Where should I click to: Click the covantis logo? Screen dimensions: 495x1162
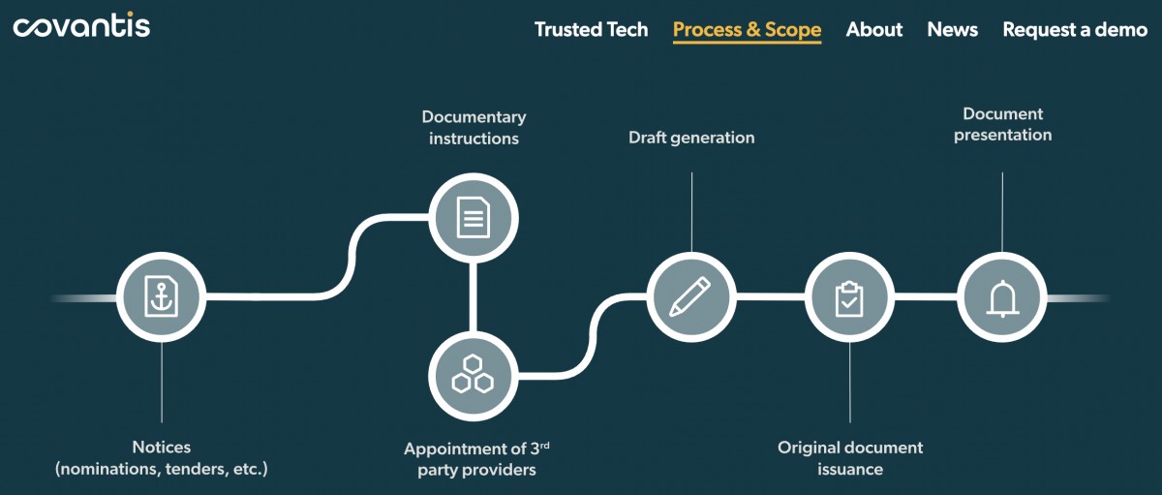point(81,26)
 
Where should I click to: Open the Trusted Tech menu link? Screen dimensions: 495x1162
point(591,29)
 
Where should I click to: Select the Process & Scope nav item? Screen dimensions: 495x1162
point(747,29)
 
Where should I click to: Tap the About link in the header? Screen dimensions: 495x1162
point(873,29)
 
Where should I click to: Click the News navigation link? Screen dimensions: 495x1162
point(952,29)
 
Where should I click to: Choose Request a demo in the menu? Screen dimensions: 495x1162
point(1074,29)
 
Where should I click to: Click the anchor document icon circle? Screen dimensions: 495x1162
point(161,296)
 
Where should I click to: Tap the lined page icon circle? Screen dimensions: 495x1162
point(474,217)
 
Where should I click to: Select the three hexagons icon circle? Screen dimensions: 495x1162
point(474,376)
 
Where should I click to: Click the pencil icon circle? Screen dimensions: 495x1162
point(690,296)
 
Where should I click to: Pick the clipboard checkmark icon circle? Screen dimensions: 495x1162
point(849,296)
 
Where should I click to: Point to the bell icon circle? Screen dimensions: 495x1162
point(1001,296)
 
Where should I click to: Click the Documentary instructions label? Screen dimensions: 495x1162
point(474,128)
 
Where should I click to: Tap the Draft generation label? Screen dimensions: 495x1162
point(691,138)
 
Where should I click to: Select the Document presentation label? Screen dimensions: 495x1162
point(1002,124)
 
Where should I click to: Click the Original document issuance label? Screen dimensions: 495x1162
point(850,458)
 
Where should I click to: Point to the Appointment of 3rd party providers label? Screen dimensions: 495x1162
point(476,459)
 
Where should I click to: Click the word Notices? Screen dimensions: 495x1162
point(162,448)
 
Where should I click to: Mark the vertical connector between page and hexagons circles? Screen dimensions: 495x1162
point(474,296)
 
